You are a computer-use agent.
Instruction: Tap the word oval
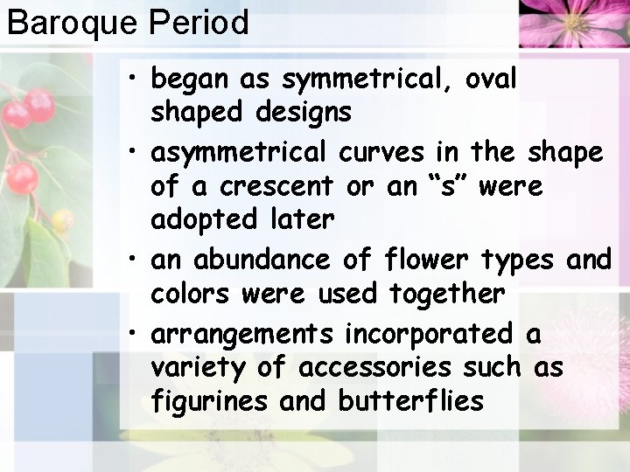[x=493, y=80]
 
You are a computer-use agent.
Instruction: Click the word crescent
[x=276, y=186]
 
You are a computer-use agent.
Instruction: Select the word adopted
[x=197, y=219]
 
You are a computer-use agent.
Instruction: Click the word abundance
[x=261, y=260]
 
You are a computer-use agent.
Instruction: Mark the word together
[x=447, y=294]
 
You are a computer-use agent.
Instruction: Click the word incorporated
[x=429, y=335]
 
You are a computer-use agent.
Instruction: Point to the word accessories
[x=375, y=368]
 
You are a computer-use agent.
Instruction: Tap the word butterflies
[x=410, y=401]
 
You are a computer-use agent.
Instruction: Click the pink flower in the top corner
[x=574, y=21]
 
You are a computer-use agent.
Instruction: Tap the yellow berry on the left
[x=62, y=220]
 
